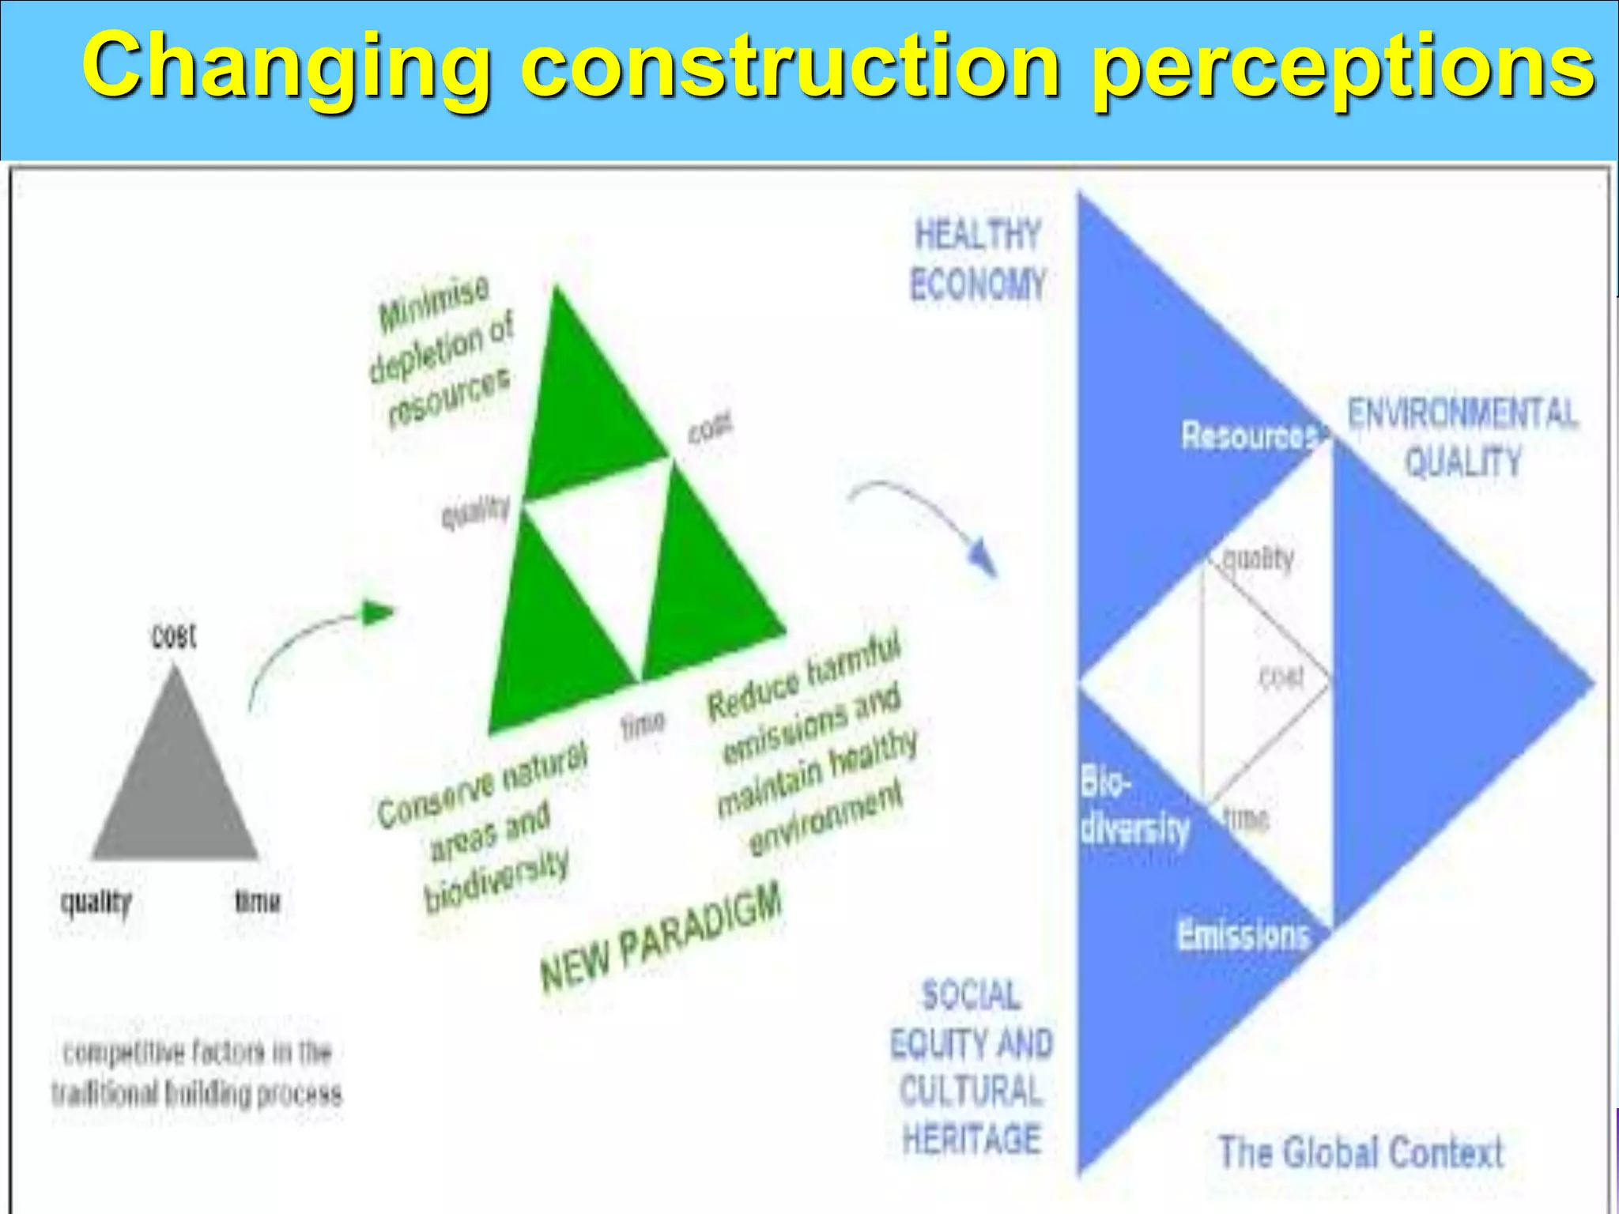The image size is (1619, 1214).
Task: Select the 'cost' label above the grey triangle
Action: (174, 636)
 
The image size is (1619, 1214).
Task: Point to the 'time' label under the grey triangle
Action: (258, 901)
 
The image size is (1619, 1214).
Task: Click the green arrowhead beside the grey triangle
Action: (378, 612)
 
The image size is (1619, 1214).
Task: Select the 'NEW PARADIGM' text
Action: (661, 937)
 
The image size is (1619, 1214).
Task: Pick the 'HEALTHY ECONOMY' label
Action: (977, 259)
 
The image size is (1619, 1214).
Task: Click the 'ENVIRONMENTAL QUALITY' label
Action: (1462, 436)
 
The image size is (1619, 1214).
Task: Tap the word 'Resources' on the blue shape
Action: (1249, 435)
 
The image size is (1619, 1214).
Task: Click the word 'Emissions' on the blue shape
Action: (1243, 935)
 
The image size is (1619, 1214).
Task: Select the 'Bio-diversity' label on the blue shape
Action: (1132, 806)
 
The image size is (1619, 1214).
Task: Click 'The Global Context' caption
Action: (1360, 1152)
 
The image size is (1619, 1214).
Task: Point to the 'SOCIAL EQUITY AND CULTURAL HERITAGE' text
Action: (972, 1067)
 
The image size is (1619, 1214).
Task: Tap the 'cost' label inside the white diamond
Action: (1281, 677)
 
